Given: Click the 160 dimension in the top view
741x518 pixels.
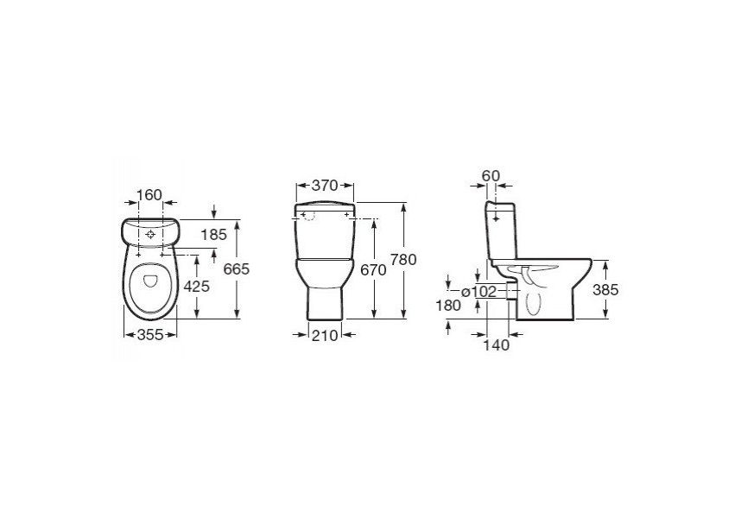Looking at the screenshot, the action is pos(149,194).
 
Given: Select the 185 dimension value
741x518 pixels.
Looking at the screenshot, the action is pos(214,234).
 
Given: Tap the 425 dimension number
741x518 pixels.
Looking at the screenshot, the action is pos(197,286).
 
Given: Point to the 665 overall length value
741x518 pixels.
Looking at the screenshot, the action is pos(237,269).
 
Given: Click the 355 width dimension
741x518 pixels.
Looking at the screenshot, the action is pos(150,335).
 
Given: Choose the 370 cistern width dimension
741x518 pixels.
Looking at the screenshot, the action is pos(325,186).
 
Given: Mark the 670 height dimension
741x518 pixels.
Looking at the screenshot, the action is pos(373,270).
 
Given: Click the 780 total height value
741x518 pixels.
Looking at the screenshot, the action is pos(403,260).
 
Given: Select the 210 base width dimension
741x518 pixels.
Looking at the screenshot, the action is pos(325,335).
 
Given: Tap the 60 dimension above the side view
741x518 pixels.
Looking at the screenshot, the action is pos(491,175).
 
